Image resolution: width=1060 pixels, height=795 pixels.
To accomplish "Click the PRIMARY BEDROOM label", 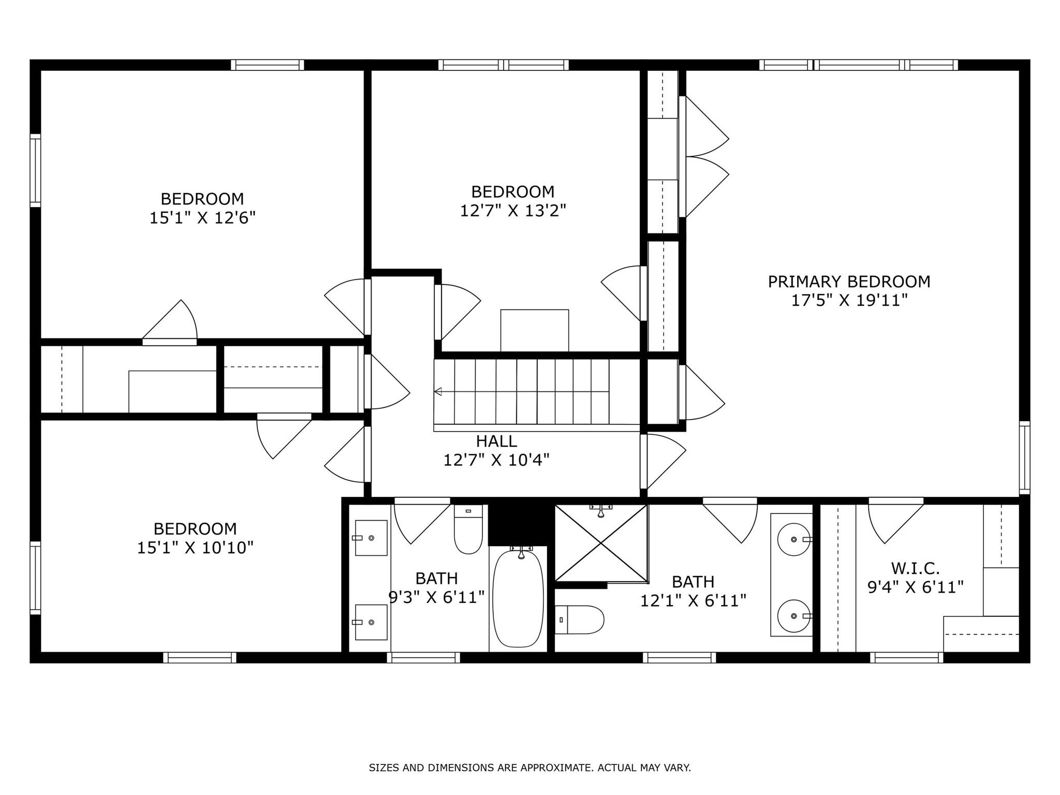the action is (x=849, y=282).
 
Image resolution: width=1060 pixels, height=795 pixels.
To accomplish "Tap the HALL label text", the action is (x=496, y=441).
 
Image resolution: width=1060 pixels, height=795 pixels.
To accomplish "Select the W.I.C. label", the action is (x=915, y=568).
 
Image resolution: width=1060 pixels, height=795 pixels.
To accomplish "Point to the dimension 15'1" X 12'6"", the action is (x=202, y=217).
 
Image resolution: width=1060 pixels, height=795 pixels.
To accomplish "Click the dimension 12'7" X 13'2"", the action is (x=513, y=211).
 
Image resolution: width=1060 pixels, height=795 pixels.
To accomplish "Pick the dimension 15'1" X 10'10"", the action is (x=195, y=547).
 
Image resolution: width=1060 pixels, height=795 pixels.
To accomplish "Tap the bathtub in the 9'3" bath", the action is (x=518, y=598).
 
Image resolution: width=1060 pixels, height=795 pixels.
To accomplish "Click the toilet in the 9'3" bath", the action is (x=468, y=529).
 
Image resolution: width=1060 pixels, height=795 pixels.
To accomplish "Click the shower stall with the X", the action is (x=601, y=543).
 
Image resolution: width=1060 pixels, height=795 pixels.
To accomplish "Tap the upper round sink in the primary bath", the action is (x=794, y=539).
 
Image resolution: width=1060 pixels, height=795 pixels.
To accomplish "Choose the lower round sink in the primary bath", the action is (x=794, y=616).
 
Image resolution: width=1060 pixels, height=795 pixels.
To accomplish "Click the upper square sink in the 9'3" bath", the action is (x=371, y=538).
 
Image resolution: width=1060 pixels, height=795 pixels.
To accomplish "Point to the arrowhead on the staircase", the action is (x=437, y=391).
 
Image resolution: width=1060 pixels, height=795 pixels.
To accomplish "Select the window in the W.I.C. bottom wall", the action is (x=906, y=657).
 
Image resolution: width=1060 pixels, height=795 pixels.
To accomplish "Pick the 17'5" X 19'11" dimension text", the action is (x=849, y=300).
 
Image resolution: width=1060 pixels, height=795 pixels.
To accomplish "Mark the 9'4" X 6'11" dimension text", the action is (x=915, y=587).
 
